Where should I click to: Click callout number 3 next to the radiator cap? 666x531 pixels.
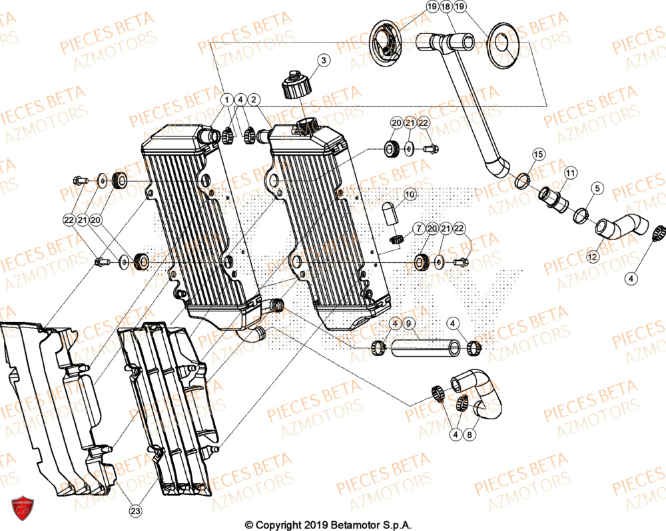(x=324, y=61)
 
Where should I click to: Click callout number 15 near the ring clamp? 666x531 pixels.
(x=538, y=154)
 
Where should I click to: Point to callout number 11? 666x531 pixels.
(x=570, y=174)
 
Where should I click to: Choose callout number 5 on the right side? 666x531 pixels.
(x=597, y=188)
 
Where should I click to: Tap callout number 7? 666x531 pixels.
(x=418, y=229)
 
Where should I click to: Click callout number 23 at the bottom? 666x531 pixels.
(x=135, y=511)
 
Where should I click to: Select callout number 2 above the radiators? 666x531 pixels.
(x=254, y=100)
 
